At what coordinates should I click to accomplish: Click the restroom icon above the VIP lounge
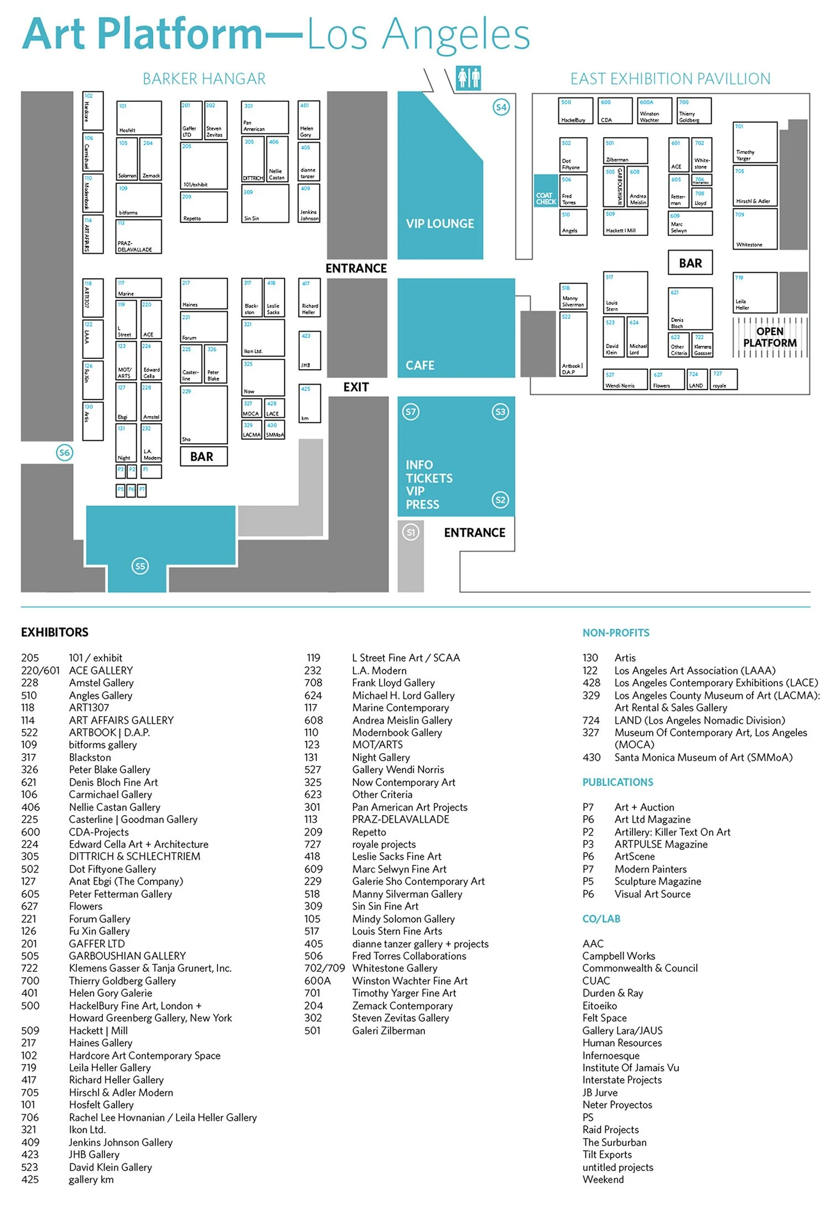[468, 77]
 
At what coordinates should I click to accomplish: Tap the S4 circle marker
[501, 107]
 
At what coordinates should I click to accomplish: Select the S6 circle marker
[65, 453]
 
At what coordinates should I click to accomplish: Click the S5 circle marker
[140, 566]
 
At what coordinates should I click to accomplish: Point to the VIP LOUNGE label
[440, 224]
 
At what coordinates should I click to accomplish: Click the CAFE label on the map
[420, 365]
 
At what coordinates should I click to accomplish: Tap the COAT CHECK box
[546, 198]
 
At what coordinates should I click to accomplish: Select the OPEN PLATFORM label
[770, 337]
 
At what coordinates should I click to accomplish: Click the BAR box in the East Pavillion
[690, 263]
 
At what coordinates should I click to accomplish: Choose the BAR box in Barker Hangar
[202, 457]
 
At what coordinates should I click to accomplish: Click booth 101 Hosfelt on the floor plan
[139, 117]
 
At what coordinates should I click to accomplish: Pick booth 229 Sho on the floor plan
[204, 414]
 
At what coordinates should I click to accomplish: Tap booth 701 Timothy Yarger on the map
[755, 142]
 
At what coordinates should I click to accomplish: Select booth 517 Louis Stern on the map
[625, 292]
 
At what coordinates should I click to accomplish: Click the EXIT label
[356, 387]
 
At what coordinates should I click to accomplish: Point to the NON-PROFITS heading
[615, 633]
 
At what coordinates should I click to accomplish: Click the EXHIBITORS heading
[55, 632]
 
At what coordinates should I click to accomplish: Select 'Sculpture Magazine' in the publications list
[657, 881]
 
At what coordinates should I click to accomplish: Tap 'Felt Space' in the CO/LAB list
[604, 1018]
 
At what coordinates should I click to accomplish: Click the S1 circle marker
[411, 532]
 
